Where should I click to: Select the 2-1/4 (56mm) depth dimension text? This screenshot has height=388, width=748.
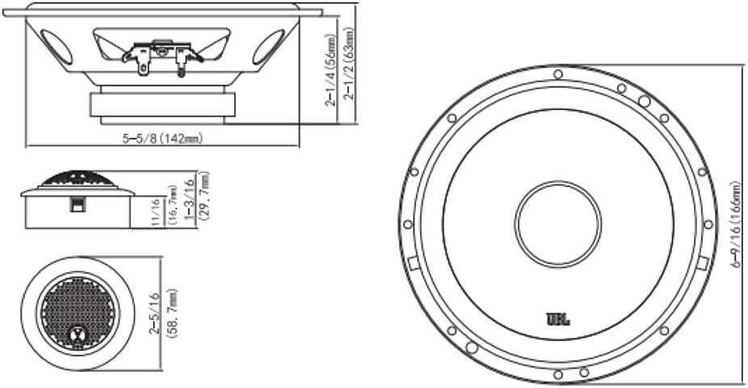pos(331,70)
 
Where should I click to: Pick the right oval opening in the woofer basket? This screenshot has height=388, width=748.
pos(269,48)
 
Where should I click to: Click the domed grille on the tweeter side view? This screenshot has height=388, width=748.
pos(77,178)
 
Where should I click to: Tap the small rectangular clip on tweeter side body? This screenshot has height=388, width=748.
pos(76,206)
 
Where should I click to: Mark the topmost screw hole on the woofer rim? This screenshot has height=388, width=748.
pos(558,74)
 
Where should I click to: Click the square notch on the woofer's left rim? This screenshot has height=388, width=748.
pos(412,262)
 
